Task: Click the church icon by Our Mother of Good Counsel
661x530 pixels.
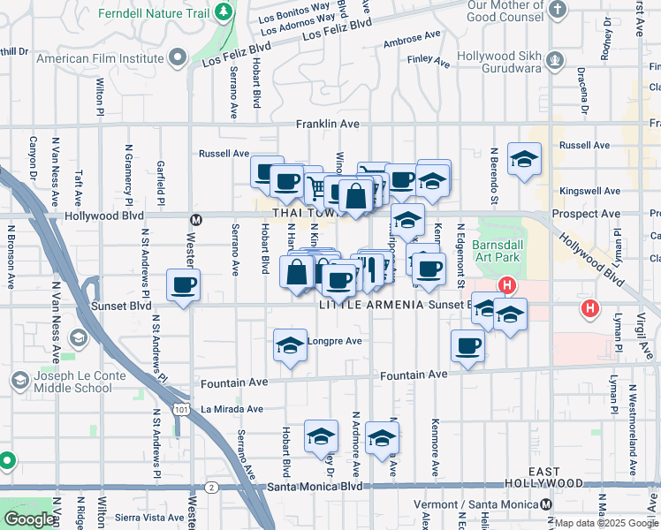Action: coord(557,10)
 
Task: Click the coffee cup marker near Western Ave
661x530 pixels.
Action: coord(184,285)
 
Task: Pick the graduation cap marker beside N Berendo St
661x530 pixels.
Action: coord(524,160)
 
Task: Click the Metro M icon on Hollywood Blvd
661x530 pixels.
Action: coord(197,218)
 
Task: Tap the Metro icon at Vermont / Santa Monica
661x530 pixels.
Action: coord(547,503)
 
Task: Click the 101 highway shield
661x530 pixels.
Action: coord(180,410)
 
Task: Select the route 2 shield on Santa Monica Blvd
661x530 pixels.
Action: coord(211,487)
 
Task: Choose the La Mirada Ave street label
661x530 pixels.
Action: coord(232,409)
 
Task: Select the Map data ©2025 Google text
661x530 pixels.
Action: coord(605,523)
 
